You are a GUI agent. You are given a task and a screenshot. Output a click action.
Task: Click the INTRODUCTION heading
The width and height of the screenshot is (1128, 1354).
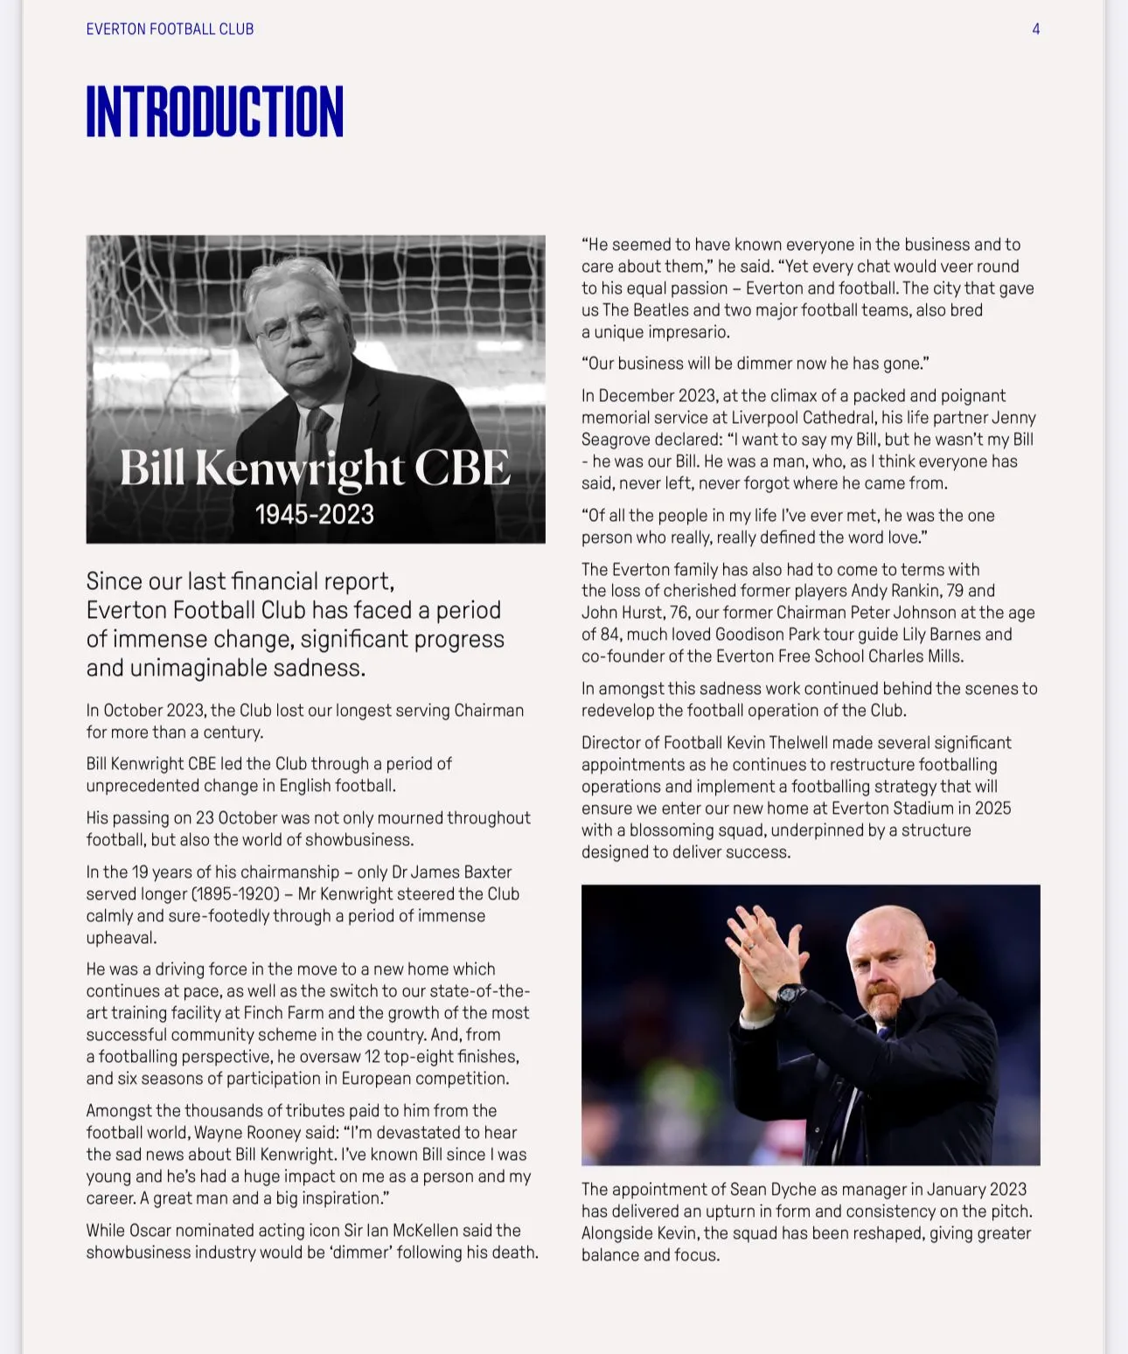click(x=214, y=112)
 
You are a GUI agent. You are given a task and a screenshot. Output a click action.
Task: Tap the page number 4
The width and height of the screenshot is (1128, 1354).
click(x=1035, y=29)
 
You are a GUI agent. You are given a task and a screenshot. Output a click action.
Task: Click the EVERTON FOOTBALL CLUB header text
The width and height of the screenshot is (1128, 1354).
click(x=170, y=29)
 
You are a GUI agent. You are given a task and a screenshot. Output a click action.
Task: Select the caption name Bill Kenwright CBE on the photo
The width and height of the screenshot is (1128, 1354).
click(x=315, y=468)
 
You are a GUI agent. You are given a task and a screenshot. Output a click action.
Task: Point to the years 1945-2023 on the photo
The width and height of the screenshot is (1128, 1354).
click(x=315, y=514)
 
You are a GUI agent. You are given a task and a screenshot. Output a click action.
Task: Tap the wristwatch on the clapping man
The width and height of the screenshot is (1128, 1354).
click(x=790, y=995)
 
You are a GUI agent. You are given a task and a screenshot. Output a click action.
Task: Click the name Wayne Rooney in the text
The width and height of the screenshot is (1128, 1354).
click(x=291, y=1133)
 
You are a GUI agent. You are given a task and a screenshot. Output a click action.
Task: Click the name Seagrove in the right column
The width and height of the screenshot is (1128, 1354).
click(x=616, y=440)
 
